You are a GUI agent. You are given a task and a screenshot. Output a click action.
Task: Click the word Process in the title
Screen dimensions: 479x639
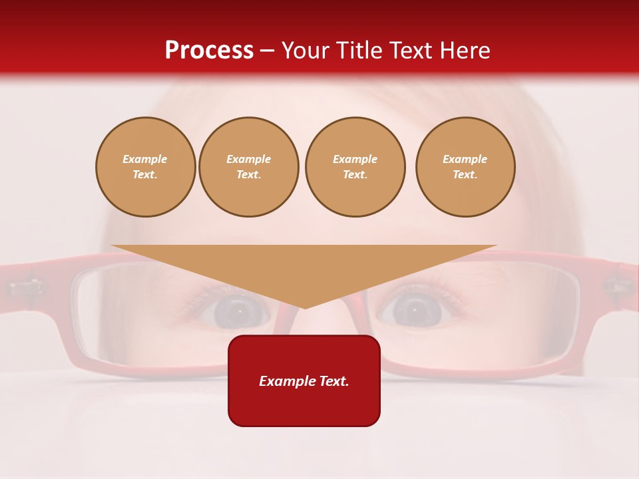[209, 51]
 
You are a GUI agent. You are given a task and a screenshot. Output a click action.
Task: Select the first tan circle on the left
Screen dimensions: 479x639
[146, 167]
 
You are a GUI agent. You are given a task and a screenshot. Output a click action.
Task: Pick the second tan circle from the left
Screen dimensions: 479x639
[249, 167]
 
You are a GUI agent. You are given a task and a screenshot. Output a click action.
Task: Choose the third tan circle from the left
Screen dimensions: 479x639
[355, 167]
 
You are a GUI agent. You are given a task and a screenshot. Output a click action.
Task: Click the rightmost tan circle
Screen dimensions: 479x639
[465, 167]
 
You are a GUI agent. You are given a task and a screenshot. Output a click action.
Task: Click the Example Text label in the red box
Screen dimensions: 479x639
[304, 381]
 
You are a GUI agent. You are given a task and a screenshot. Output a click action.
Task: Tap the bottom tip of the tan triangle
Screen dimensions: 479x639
[305, 308]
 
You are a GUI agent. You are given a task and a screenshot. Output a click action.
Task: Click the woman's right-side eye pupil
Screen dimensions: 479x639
[414, 309]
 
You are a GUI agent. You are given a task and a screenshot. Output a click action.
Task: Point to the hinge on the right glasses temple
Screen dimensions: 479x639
[616, 287]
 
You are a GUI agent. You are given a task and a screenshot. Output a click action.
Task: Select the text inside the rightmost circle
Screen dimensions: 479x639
[465, 167]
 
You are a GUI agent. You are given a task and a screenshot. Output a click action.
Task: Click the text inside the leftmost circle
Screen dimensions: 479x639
[145, 167]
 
